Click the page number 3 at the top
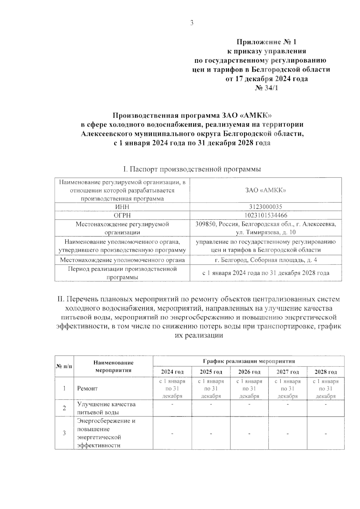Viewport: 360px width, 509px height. tap(192, 23)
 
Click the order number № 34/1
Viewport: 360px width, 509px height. tap(267, 88)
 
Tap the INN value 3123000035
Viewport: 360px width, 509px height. tap(265, 207)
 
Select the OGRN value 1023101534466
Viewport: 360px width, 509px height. tap(265, 215)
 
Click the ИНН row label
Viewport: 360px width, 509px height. tap(122, 207)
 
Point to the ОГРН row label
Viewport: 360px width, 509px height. tap(122, 215)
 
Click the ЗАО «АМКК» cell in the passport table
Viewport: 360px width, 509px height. tap(265, 190)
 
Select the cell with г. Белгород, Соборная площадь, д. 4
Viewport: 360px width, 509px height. tap(265, 260)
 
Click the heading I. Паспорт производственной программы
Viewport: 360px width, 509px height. tap(192, 169)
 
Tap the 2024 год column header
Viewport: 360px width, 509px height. tap(172, 372)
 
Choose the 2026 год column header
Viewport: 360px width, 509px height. tap(249, 372)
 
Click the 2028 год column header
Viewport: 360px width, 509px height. tap(325, 372)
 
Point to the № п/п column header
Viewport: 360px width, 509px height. tap(64, 366)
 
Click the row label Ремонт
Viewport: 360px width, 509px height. tap(87, 388)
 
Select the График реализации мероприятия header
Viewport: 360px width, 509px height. tap(249, 361)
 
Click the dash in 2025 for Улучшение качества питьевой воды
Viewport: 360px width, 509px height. tap(211, 405)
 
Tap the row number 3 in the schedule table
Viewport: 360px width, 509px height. tap(64, 433)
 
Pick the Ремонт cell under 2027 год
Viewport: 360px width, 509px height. tap(287, 388)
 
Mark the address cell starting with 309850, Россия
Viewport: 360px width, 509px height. tap(265, 228)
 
